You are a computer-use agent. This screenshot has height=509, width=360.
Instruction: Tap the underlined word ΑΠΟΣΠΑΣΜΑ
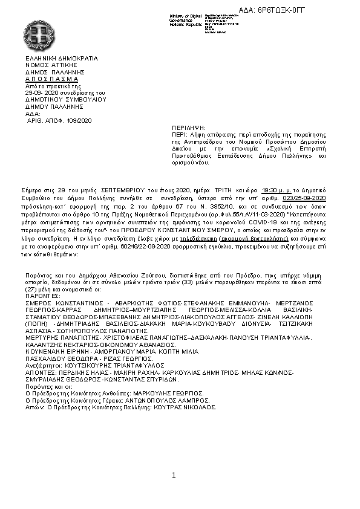pyautogui.click(x=52, y=79)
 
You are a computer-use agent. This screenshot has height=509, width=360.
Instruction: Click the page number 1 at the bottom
pyautogui.click(x=174, y=475)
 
